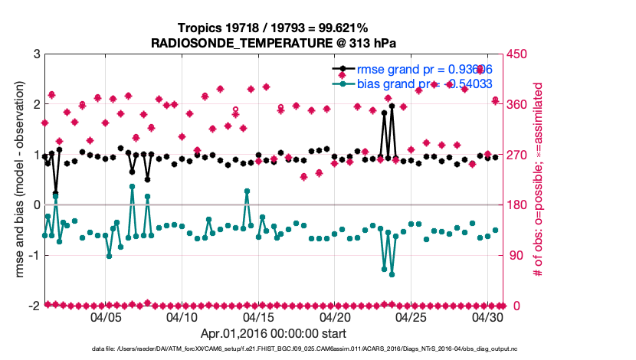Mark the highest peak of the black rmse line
pos(392,106)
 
